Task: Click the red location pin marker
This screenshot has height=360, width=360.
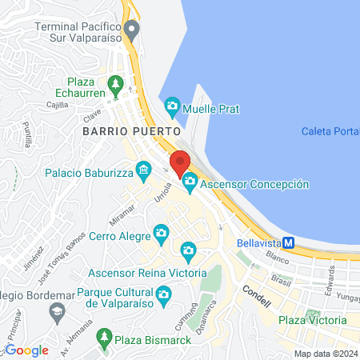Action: point(180,162)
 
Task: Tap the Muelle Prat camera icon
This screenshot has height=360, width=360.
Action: point(172,106)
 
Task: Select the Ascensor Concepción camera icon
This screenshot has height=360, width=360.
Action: point(190,183)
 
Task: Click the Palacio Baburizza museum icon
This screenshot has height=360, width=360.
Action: point(143,170)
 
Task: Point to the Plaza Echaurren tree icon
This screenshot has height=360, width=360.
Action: point(115,82)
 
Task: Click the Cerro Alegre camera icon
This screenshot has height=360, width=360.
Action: point(161,234)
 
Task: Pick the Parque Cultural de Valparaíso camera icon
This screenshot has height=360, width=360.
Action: point(164,295)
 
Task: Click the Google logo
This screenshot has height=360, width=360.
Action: point(27,350)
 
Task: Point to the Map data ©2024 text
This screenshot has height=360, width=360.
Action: point(326,354)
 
